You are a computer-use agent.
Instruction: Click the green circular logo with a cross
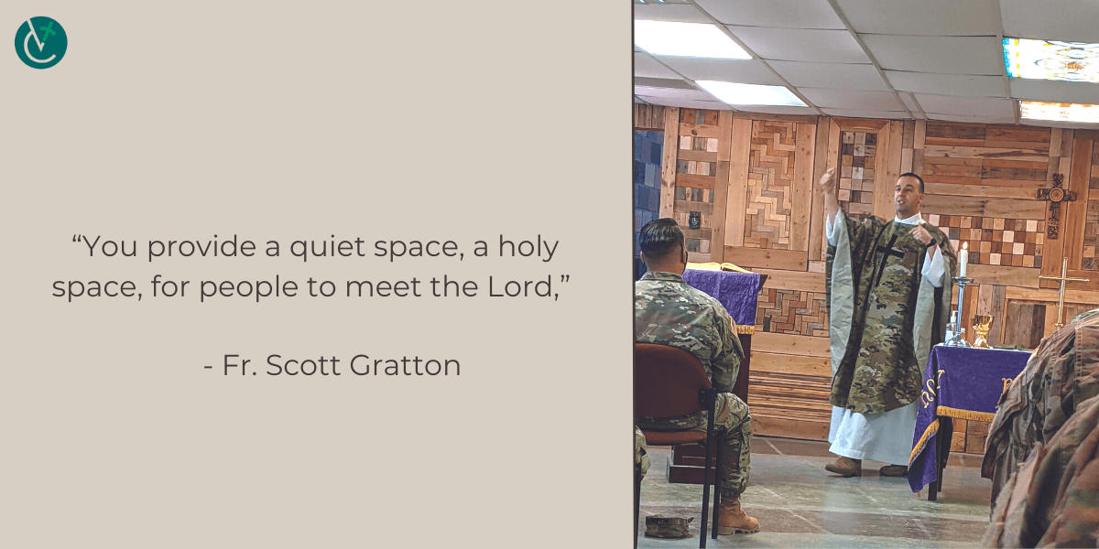(40, 43)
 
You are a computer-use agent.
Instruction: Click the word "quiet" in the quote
(327, 246)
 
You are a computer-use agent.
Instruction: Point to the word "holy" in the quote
(528, 246)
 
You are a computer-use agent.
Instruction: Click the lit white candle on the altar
(963, 260)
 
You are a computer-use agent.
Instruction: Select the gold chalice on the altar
(981, 330)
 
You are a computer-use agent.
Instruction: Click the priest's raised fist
(829, 179)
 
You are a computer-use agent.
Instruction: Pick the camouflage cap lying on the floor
(669, 526)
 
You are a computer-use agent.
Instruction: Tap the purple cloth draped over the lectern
(722, 297)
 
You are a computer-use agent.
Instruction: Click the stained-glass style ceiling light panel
(1050, 60)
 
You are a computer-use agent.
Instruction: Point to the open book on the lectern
(719, 267)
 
